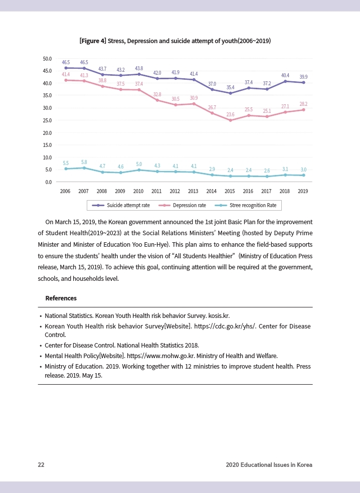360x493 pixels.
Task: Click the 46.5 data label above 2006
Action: [66, 62]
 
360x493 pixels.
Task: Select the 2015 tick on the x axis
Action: [230, 191]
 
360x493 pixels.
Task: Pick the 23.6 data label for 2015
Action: [231, 115]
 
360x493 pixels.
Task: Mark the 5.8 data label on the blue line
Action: [84, 162]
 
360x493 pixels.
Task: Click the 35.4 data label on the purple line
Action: [231, 87]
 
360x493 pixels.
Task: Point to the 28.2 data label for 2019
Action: [303, 104]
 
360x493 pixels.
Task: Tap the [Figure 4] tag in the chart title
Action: [93, 41]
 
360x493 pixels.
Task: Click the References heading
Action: [61, 298]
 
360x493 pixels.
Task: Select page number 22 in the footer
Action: [41, 465]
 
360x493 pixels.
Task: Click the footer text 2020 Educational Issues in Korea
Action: [269, 465]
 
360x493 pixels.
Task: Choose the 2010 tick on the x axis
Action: [138, 191]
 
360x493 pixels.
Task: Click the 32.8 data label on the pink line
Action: [157, 94]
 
